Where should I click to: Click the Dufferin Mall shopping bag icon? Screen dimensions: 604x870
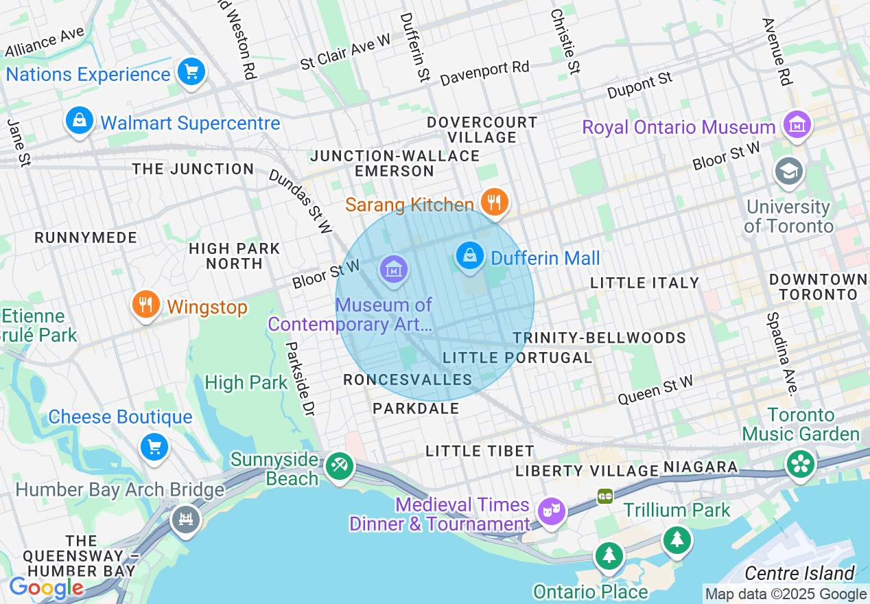(470, 257)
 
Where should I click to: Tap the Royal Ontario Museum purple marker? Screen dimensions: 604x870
(797, 125)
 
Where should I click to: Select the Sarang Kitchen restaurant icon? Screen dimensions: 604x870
(493, 202)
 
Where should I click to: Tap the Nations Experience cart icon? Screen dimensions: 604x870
(191, 71)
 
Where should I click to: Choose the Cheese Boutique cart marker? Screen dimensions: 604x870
(154, 448)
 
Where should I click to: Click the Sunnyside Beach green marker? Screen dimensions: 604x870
(338, 466)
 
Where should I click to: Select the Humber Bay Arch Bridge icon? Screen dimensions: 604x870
(185, 518)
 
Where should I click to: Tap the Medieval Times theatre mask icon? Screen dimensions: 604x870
(551, 511)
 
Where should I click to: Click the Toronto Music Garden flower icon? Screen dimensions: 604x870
(800, 463)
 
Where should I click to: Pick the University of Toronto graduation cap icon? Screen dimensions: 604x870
(789, 172)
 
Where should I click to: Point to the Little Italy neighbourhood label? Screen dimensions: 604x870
(644, 283)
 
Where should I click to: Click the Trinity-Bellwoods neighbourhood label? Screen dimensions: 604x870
(599, 338)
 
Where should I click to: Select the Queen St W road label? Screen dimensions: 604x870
(655, 389)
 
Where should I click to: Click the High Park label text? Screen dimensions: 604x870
(246, 382)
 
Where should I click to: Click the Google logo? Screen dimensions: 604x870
(45, 588)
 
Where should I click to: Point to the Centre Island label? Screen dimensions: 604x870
(799, 573)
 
